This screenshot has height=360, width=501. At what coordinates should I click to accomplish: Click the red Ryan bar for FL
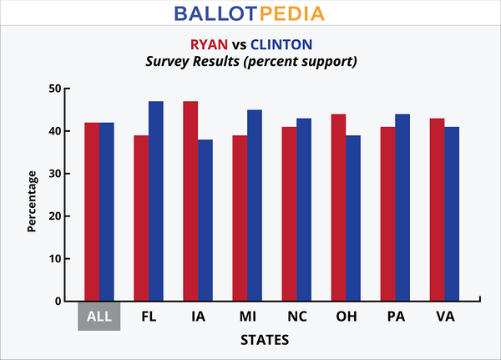pos(141,218)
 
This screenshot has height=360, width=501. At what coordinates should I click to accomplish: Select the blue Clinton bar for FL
pos(156,201)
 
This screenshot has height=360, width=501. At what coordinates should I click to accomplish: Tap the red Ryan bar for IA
pos(190,201)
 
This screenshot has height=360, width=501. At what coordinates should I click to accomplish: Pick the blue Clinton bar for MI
pos(255,205)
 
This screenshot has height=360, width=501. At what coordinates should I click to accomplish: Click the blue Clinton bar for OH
pos(353,218)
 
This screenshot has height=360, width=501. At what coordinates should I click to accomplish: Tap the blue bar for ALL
pos(107,212)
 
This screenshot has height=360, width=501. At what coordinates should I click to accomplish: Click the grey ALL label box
pos(99,317)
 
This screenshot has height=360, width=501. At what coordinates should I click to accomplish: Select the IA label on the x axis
pos(198,317)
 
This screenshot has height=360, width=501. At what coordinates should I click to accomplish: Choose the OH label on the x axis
pos(346,317)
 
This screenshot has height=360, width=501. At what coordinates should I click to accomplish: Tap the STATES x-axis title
pos(265,341)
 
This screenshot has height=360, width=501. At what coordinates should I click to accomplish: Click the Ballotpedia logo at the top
pos(250,14)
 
